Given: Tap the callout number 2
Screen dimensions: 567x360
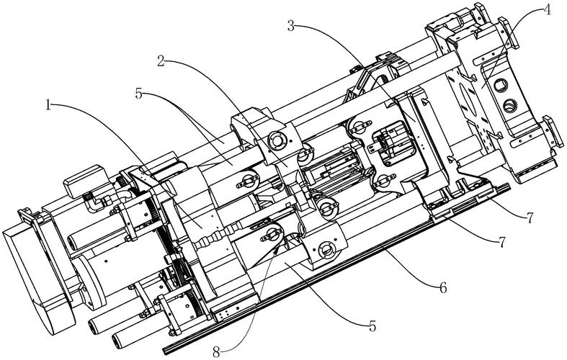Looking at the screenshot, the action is (161, 61).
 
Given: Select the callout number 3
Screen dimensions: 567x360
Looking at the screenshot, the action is (291, 26).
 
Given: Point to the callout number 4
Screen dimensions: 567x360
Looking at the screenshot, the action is (547, 9).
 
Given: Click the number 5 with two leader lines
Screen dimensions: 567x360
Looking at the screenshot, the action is (139, 94).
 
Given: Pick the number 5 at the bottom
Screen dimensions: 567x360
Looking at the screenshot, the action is (372, 325).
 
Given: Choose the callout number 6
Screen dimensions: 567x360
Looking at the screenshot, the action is (443, 288).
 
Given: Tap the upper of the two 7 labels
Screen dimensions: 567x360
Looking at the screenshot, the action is (530, 218).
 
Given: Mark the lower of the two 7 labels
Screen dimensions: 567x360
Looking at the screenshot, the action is (501, 242).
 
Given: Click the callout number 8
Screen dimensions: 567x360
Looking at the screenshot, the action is (216, 351).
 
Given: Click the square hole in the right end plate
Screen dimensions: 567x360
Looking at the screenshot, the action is (502, 86).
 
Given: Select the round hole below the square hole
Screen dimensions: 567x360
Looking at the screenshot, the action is (510, 105).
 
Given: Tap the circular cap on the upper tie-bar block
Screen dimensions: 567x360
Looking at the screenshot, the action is (277, 140).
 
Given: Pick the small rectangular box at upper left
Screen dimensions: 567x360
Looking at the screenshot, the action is (84, 181).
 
